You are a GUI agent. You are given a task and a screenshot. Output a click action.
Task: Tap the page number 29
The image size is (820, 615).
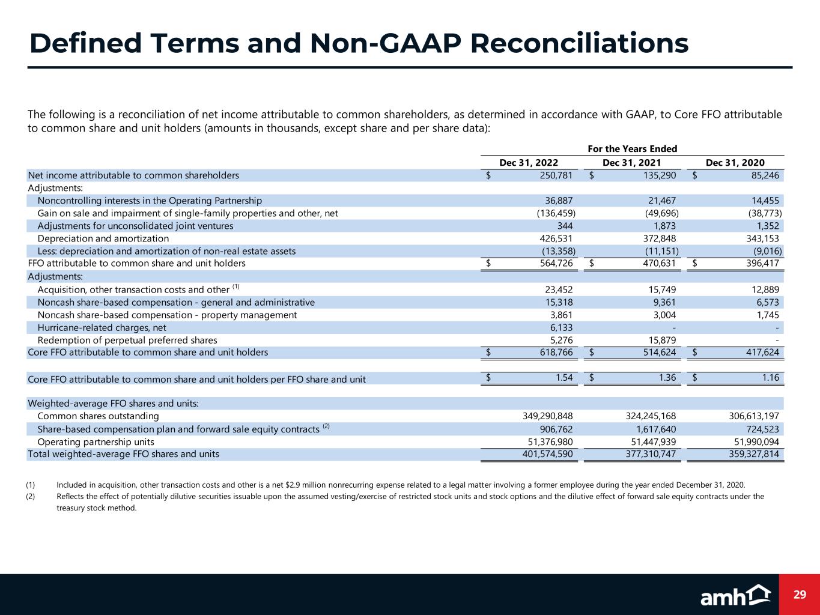[799, 595]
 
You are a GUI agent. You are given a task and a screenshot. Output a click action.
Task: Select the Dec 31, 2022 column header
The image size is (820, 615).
[529, 163]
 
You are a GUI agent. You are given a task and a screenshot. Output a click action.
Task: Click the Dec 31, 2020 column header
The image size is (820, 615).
[735, 163]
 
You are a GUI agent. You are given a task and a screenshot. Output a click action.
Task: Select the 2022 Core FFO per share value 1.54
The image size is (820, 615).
[563, 378]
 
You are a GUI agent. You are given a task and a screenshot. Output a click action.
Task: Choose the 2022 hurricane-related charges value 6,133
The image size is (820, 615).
[560, 327]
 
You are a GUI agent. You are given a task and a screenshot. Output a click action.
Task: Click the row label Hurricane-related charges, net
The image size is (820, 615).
[102, 327]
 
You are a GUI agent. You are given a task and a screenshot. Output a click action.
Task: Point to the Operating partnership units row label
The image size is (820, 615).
[96, 441]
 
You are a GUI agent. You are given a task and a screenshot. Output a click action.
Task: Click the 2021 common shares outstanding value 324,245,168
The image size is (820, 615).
[642, 416]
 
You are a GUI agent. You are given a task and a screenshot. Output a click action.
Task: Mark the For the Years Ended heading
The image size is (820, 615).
[632, 149]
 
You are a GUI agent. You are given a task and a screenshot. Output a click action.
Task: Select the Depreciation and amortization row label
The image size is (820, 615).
[103, 238]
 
